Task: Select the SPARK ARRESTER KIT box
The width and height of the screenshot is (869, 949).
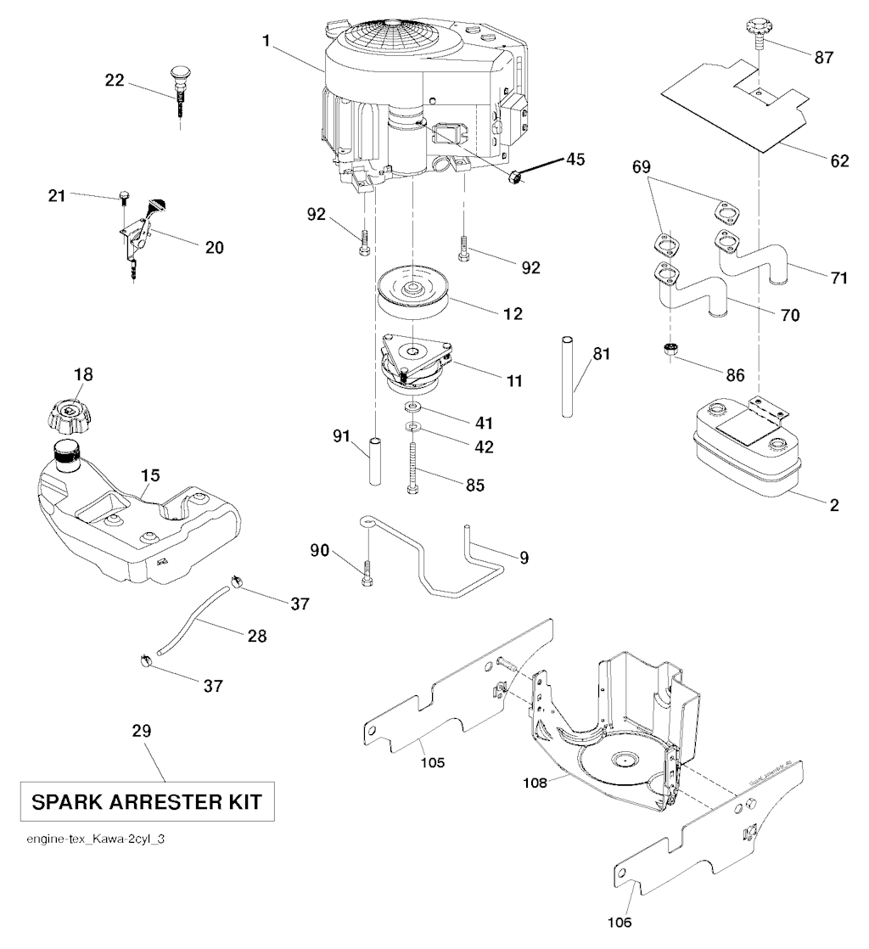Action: click(x=147, y=800)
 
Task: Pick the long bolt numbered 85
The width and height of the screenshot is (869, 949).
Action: click(x=412, y=463)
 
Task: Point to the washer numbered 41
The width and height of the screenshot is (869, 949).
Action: click(x=413, y=410)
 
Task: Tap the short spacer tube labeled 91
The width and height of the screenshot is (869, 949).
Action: click(x=374, y=461)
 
